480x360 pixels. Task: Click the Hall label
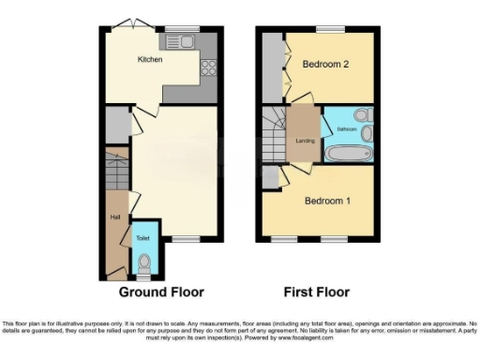pyautogui.click(x=115, y=217)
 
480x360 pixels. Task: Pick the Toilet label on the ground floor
pyautogui.click(x=142, y=238)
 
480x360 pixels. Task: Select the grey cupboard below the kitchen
pyautogui.click(x=115, y=124)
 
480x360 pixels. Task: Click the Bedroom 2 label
pyautogui.click(x=325, y=64)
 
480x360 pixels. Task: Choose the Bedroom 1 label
pyautogui.click(x=327, y=201)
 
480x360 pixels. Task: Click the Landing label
pyautogui.click(x=304, y=141)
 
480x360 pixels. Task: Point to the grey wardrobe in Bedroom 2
pyautogui.click(x=272, y=66)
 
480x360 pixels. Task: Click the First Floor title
pyautogui.click(x=319, y=277)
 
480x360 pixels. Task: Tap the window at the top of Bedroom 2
pyautogui.click(x=330, y=27)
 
